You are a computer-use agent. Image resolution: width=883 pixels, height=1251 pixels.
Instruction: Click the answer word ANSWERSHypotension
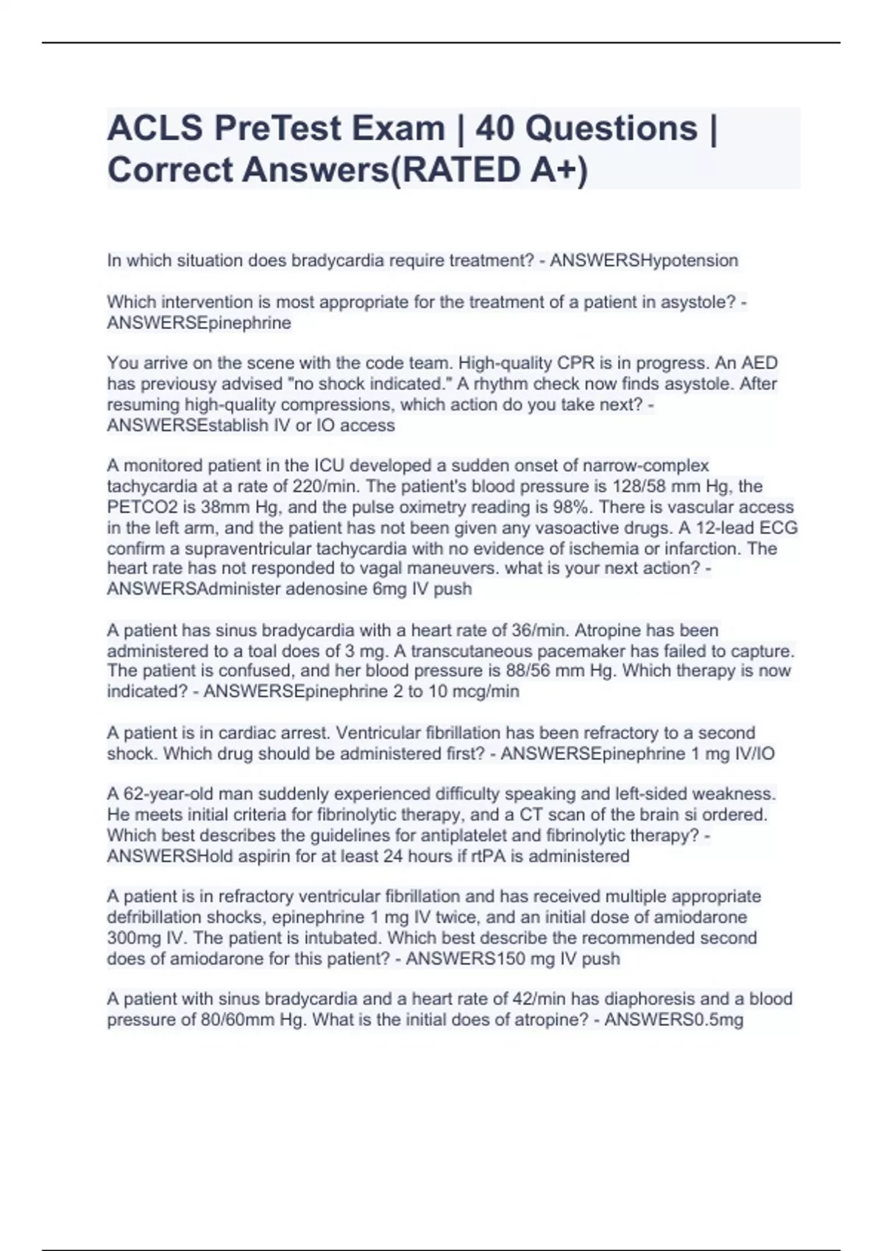(x=644, y=261)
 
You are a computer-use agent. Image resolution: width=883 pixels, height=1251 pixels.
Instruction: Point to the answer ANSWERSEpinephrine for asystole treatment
(x=199, y=322)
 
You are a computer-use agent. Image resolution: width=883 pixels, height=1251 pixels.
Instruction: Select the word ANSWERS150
(x=454, y=958)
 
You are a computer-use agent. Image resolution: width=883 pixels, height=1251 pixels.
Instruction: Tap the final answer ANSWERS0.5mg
(x=673, y=1020)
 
